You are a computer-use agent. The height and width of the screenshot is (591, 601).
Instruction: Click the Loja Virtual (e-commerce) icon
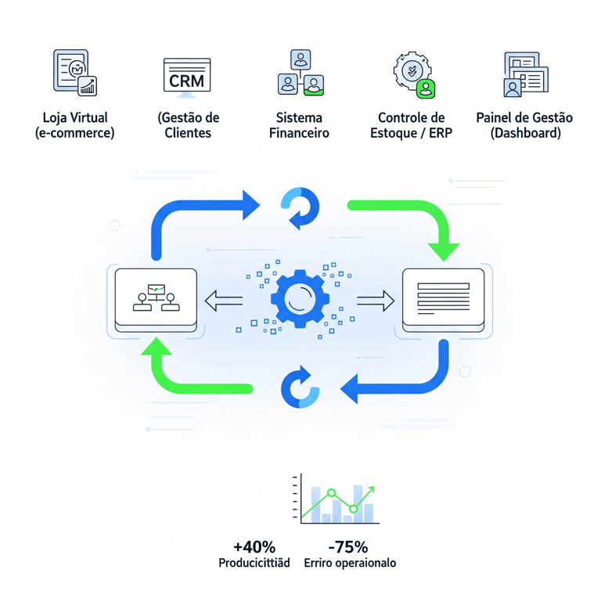click(74, 73)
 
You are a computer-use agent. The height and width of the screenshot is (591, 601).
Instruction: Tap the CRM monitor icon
click(187, 77)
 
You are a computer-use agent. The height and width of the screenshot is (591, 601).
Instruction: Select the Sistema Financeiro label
click(299, 125)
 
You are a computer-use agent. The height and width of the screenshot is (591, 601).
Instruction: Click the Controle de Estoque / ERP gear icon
click(412, 74)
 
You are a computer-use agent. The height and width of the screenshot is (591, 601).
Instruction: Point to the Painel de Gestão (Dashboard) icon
click(525, 74)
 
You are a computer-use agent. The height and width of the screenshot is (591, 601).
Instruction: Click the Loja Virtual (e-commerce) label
click(75, 125)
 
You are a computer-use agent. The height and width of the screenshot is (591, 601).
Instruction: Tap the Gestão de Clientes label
click(188, 125)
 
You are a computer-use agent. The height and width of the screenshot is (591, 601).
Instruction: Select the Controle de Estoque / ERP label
click(412, 125)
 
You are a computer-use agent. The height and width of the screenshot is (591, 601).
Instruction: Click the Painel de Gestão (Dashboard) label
click(524, 125)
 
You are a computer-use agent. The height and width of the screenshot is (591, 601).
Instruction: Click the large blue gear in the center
click(300, 299)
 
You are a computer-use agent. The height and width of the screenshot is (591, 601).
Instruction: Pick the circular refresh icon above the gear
click(300, 208)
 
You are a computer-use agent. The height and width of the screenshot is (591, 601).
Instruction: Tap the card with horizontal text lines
click(443, 299)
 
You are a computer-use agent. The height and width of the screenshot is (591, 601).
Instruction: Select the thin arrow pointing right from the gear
click(376, 300)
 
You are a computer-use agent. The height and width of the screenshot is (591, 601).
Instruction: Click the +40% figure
click(254, 547)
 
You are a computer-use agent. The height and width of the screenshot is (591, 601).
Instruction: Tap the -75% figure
click(348, 547)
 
